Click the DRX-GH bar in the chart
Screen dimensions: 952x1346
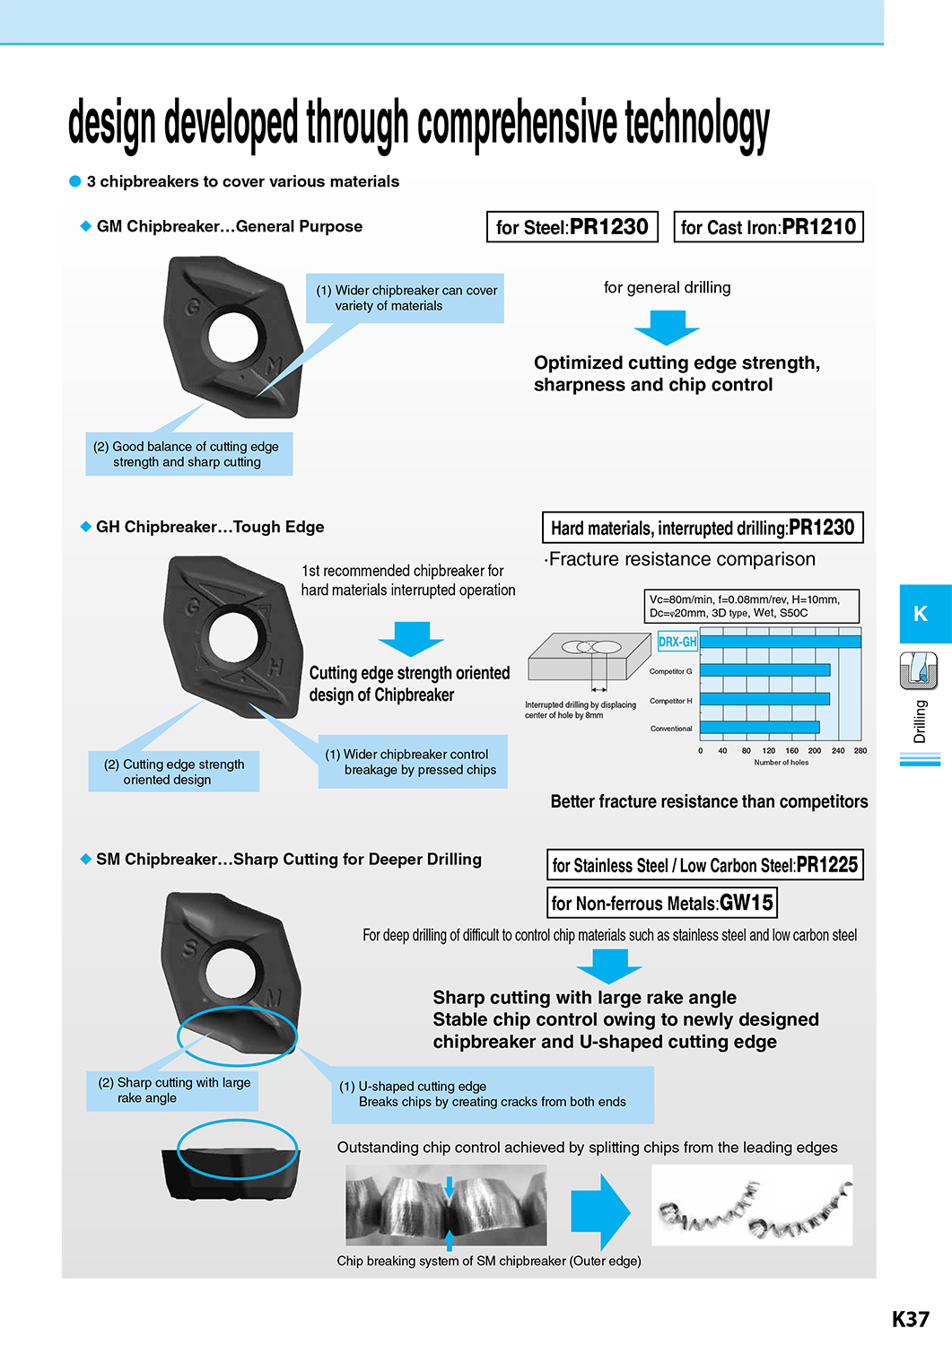780,642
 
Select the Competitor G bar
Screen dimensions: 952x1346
765,670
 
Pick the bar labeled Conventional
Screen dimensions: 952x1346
760,728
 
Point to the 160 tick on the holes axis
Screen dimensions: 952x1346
792,750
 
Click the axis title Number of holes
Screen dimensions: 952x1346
782,763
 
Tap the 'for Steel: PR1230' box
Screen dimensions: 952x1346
572,226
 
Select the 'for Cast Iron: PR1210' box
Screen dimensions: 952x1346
768,226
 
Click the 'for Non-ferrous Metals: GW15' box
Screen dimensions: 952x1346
661,903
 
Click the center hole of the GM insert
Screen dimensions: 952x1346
233,334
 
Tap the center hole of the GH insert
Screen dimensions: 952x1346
234,637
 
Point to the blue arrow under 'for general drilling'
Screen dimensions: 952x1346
668,328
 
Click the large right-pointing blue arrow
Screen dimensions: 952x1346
600,1212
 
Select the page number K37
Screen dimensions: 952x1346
911,1319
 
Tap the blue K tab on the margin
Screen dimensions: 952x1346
926,614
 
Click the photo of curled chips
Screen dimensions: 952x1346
752,1205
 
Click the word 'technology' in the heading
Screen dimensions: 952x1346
697,123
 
